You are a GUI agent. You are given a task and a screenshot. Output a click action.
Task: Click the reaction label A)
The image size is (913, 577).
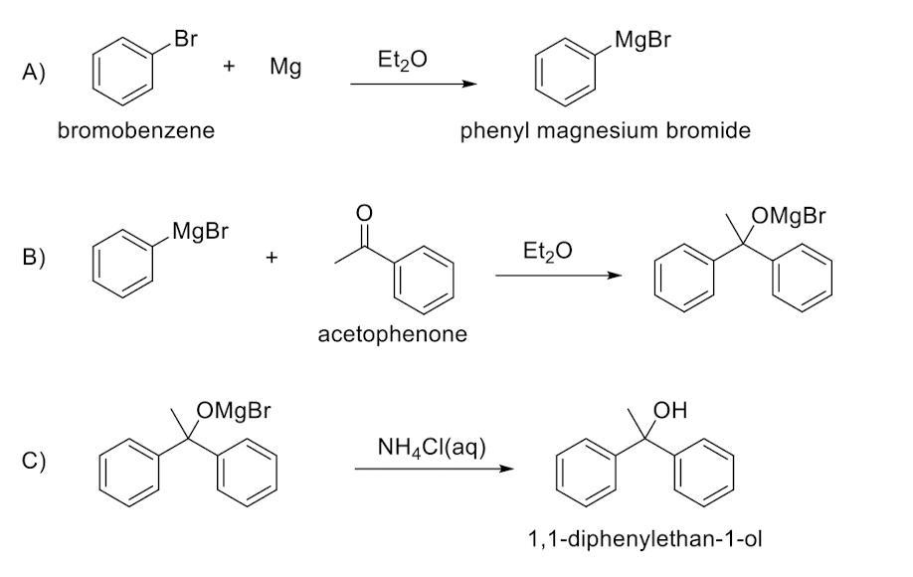[x=35, y=74]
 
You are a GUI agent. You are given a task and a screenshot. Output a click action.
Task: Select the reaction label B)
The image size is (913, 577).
[x=35, y=257]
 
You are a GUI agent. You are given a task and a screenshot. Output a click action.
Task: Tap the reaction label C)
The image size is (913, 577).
[x=35, y=461]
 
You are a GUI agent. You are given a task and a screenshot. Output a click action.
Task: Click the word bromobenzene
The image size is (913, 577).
[x=135, y=130]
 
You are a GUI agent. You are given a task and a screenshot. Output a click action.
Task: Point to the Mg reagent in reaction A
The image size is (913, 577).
[x=285, y=69]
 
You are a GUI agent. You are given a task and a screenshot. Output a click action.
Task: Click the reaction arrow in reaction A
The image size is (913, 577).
[x=414, y=85]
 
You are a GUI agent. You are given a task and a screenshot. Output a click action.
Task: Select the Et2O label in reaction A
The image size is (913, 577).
[x=403, y=61]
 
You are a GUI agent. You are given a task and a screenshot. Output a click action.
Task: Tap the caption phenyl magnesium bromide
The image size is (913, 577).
[x=605, y=131]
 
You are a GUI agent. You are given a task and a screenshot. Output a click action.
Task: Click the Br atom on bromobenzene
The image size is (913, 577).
[x=185, y=40]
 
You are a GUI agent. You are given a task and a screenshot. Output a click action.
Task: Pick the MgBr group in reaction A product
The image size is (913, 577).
[x=643, y=41]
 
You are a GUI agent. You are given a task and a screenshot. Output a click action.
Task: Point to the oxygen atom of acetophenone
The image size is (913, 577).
[x=364, y=212]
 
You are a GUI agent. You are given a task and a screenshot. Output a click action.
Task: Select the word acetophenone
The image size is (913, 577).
[x=392, y=334]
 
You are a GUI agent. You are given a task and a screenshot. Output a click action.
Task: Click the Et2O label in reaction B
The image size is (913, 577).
[x=547, y=252]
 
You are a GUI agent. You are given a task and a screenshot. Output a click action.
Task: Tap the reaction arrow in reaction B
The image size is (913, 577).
[x=558, y=276]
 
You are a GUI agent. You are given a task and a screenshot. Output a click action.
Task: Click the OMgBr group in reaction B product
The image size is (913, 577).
[x=790, y=216]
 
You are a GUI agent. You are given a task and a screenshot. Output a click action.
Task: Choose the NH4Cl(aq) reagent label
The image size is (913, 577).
[x=432, y=447]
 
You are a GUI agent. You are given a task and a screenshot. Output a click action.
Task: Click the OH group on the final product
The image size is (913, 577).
[x=670, y=410]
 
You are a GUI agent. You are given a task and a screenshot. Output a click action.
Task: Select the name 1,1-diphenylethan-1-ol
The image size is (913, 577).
[x=645, y=540]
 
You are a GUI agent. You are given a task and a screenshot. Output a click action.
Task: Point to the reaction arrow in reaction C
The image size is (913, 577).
[x=435, y=469]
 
